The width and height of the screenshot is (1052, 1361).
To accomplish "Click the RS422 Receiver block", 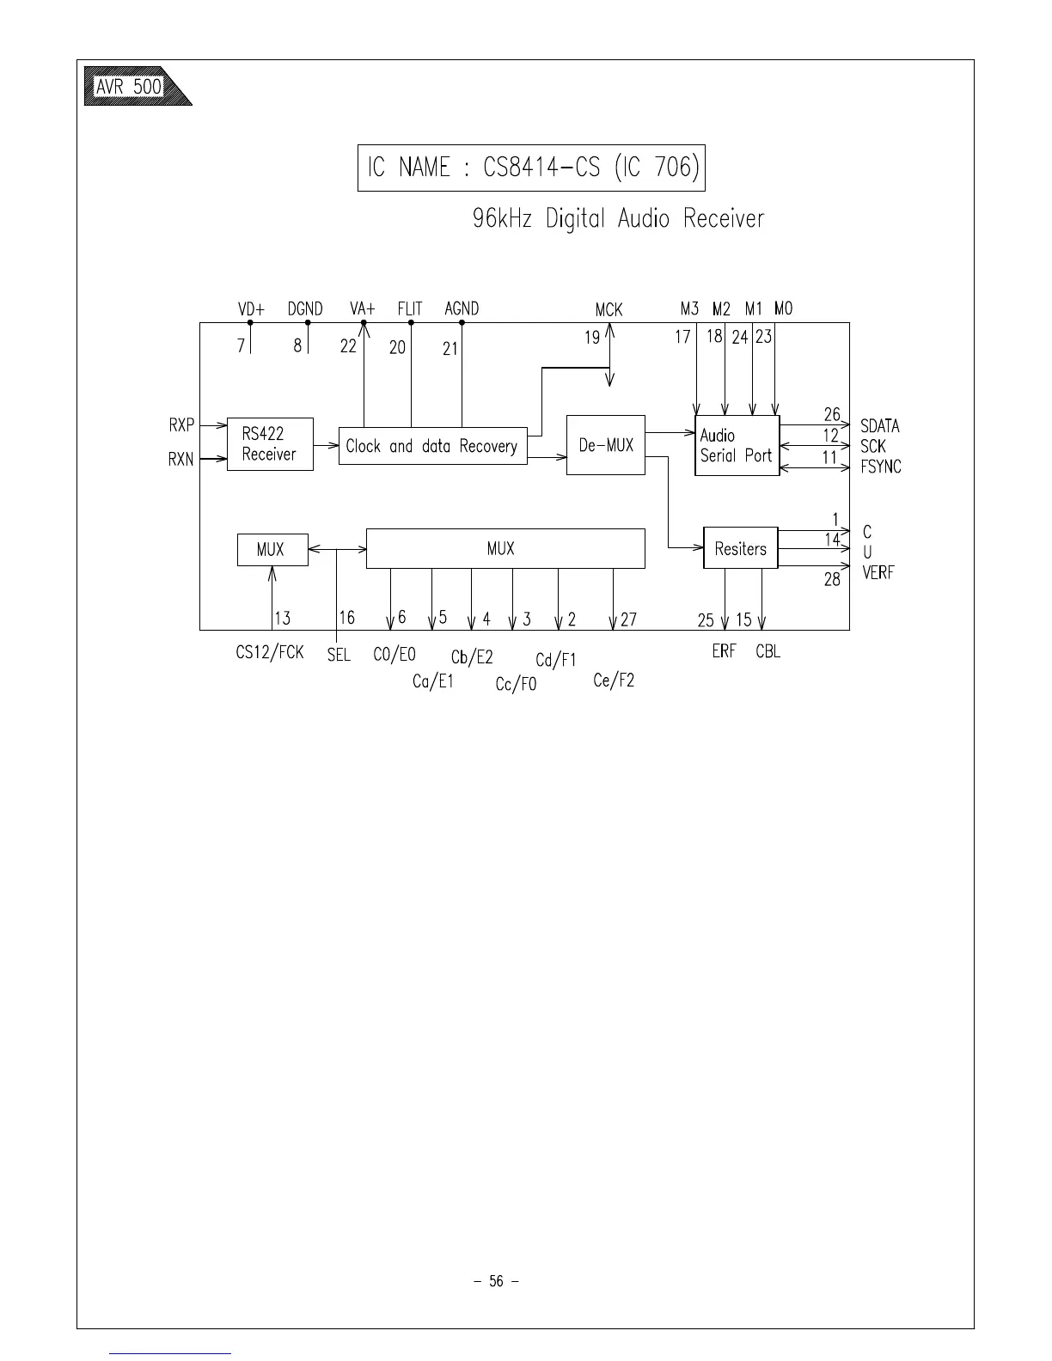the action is pyautogui.click(x=270, y=444).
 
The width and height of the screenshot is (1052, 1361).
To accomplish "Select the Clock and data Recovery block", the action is pyautogui.click(x=432, y=446).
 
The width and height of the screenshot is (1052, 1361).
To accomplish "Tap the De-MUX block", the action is pyautogui.click(x=605, y=445).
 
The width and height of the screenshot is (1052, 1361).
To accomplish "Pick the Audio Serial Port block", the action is pyautogui.click(x=737, y=446).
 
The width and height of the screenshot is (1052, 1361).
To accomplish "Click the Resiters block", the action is pyautogui.click(x=740, y=548).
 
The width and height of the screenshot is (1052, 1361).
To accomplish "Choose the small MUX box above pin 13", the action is pyautogui.click(x=272, y=549).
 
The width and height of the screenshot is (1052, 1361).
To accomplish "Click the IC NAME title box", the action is pyautogui.click(x=530, y=168).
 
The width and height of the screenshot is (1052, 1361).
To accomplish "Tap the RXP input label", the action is pyautogui.click(x=181, y=424).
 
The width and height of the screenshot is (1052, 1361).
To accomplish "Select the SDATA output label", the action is pyautogui.click(x=879, y=426).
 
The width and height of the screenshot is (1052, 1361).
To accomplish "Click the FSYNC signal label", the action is pyautogui.click(x=880, y=467).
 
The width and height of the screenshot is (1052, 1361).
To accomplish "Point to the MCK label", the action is pyautogui.click(x=609, y=309).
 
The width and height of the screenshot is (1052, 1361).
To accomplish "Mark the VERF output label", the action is pyautogui.click(x=878, y=573).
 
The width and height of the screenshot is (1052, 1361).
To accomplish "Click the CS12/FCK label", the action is pyautogui.click(x=269, y=653).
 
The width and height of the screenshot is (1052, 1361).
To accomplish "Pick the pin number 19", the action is pyautogui.click(x=592, y=338).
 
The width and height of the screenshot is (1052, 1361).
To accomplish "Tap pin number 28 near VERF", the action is pyautogui.click(x=832, y=580).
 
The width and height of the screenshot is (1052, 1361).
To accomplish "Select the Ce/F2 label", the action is pyautogui.click(x=614, y=680).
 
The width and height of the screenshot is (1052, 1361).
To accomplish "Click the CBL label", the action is pyautogui.click(x=768, y=651).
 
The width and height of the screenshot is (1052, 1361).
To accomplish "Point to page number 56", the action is pyautogui.click(x=496, y=1281).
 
